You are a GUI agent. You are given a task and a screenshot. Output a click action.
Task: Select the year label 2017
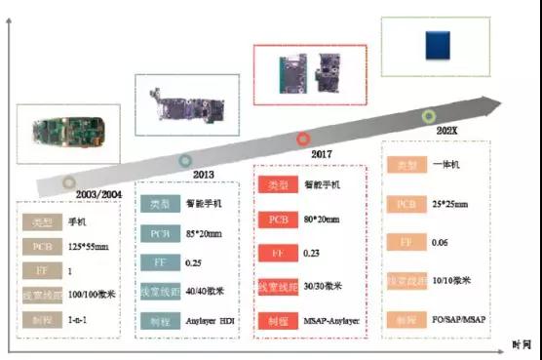pyautogui.click(x=322, y=154)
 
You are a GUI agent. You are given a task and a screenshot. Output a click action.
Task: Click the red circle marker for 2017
pyautogui.click(x=303, y=140)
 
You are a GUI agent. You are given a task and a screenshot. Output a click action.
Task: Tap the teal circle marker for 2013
pyautogui.click(x=185, y=160)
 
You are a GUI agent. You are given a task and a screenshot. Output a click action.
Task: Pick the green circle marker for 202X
pyautogui.click(x=428, y=116)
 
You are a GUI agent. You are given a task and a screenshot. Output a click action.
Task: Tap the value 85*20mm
pyautogui.click(x=206, y=235)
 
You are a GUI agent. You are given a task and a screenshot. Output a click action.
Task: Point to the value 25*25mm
pyautogui.click(x=448, y=204)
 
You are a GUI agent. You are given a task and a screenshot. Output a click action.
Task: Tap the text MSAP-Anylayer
pyautogui.click(x=328, y=321)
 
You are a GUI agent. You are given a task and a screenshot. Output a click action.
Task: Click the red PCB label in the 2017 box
pyautogui.click(x=275, y=219)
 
